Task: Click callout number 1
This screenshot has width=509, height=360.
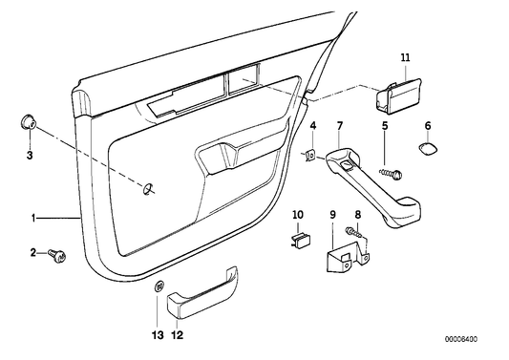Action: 32,218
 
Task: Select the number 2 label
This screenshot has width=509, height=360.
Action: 32,252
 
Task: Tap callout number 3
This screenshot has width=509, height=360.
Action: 30,154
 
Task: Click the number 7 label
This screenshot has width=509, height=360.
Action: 339,126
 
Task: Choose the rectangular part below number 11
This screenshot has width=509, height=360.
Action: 395,96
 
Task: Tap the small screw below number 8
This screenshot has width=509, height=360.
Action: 357,232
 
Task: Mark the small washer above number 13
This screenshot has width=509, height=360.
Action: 159,286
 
